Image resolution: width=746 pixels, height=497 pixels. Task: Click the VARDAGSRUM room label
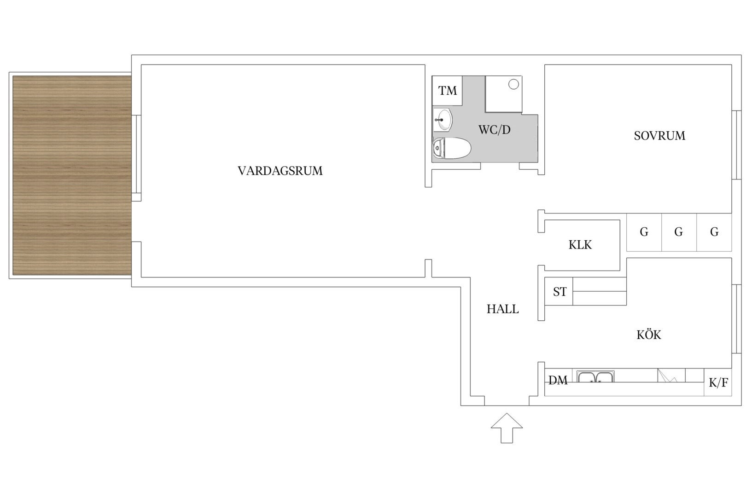280,171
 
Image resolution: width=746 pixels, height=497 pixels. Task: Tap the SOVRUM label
659,136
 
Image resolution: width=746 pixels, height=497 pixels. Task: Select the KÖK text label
649,334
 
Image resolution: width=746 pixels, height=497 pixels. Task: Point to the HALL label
502,309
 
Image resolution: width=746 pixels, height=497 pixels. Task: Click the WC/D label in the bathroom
494,130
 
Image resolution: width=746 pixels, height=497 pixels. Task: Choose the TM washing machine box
447,91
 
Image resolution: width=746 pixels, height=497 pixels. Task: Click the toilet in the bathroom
452,148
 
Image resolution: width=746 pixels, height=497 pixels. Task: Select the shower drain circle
513,85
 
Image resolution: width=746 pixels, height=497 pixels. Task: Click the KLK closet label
580,245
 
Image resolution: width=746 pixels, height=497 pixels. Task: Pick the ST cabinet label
559,292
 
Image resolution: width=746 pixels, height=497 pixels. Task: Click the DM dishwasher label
558,380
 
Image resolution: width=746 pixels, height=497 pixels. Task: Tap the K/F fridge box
718,382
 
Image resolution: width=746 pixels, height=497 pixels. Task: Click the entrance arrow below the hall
507,428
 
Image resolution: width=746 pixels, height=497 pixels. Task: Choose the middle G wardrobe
679,232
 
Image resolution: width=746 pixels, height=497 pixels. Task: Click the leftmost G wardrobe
644,232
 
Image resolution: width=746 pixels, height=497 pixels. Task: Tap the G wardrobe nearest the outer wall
714,232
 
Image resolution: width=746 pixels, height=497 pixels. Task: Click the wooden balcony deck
72,175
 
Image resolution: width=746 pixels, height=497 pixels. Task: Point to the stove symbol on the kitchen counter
671,375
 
